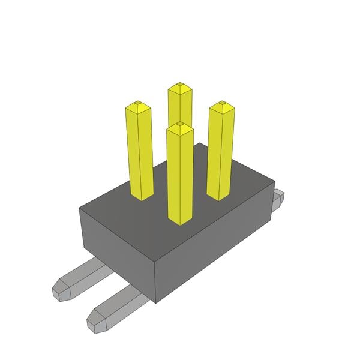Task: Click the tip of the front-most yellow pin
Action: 180,127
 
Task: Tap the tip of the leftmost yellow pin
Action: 138,106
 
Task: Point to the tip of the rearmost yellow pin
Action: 179,88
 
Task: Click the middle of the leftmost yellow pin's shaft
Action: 140,153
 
